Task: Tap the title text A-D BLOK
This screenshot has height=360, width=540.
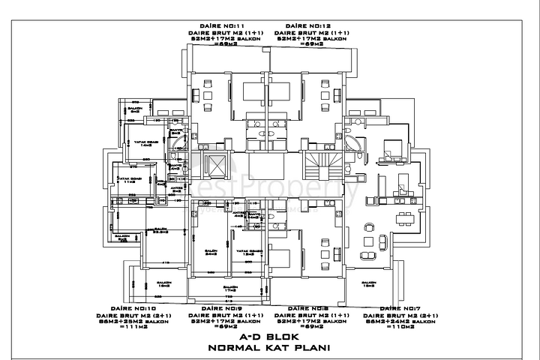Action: click(269, 338)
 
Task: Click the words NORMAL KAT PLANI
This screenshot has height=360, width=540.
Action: click(269, 349)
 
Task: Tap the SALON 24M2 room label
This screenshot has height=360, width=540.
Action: click(211, 252)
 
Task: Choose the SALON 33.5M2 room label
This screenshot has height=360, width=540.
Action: click(158, 231)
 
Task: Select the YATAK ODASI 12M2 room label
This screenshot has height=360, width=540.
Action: click(248, 252)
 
